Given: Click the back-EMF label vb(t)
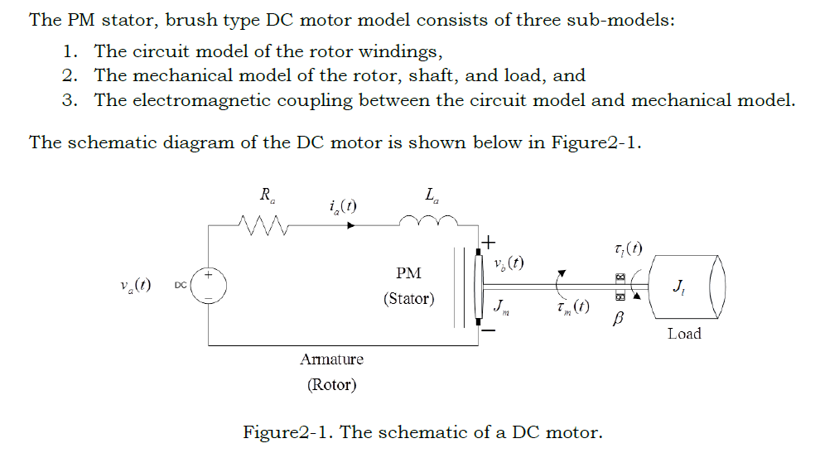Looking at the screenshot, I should pos(508,264).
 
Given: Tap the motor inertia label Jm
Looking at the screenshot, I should pos(501,307).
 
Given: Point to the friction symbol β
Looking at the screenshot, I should pos(616,318).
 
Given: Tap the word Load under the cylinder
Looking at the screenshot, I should pos(683,333).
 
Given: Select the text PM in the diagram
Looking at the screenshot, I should pos(408,272).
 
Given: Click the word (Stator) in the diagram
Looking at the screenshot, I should pos(408,299).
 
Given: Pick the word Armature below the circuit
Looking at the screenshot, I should pos(331,359).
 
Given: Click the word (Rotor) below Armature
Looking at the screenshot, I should pos(331,384).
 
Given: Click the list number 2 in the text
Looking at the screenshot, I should pos(70,76).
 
